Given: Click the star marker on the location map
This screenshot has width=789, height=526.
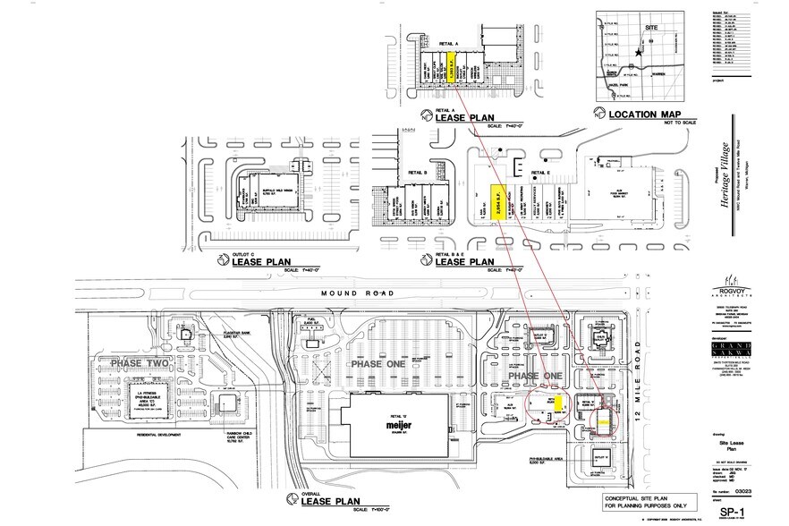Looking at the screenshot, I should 637,54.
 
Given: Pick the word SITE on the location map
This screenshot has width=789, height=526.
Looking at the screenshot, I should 651,30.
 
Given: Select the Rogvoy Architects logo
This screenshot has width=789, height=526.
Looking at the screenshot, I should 732,283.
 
